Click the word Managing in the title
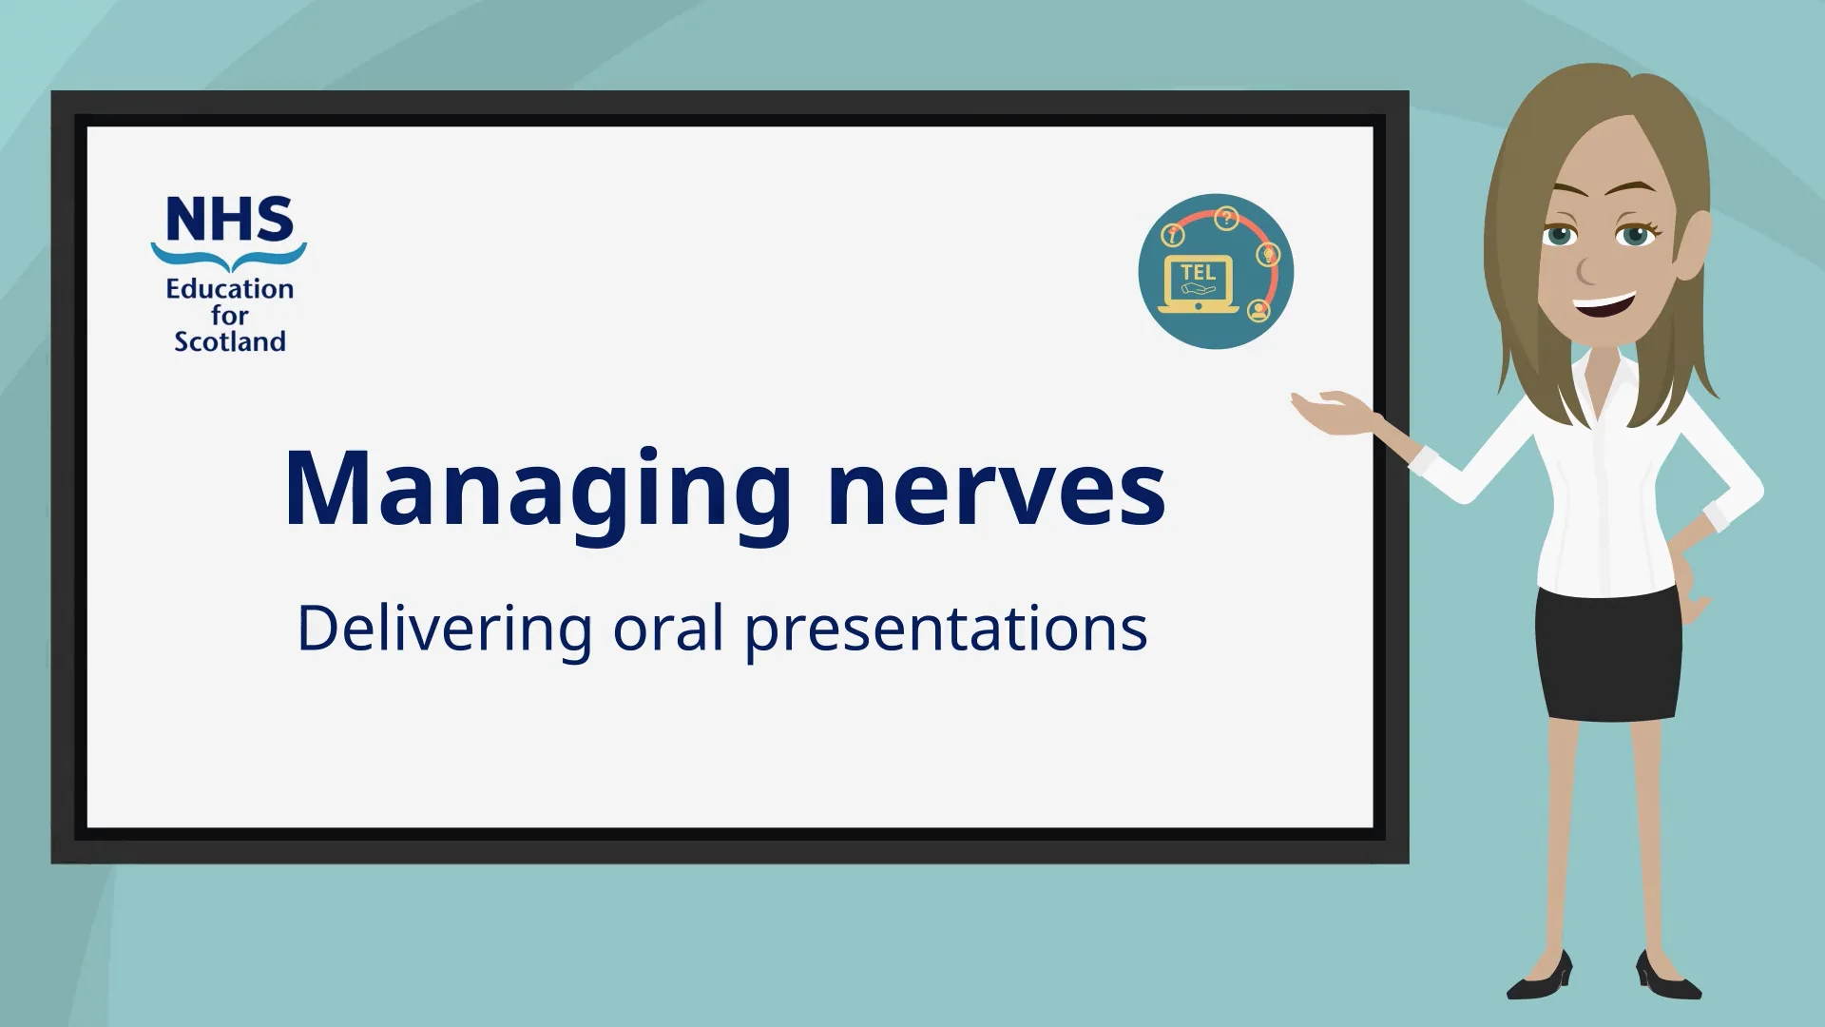click(x=537, y=490)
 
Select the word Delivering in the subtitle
click(x=444, y=630)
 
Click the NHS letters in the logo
click(x=229, y=220)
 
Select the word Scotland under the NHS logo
click(x=229, y=341)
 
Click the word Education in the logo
click(x=229, y=289)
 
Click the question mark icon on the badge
click(x=1226, y=219)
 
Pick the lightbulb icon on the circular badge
click(x=1268, y=254)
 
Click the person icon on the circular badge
click(x=1258, y=310)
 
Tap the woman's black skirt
click(x=1608, y=656)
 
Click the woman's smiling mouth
click(x=1604, y=305)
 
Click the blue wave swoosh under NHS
click(x=229, y=255)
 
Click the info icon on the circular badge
click(x=1173, y=234)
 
